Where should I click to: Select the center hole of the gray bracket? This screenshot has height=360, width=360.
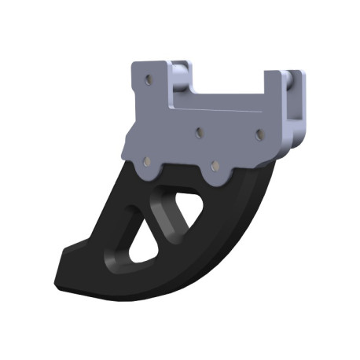click(199, 133)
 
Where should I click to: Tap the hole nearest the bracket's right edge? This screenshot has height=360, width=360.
click(259, 134)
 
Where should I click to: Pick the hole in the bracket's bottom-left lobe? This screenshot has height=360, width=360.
click(145, 161)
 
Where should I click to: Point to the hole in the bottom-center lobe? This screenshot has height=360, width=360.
click(214, 167)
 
